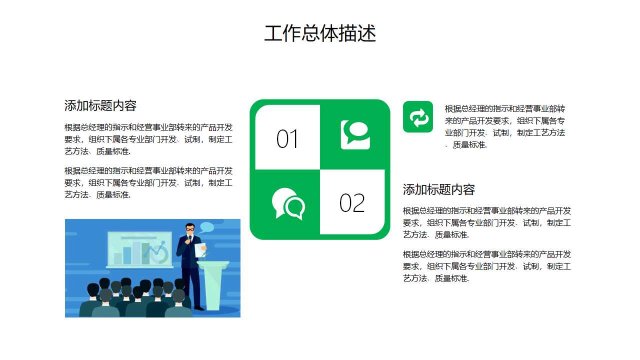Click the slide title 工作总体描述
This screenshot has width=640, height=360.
320,33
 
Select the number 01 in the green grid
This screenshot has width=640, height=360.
287,139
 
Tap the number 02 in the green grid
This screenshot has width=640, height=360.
352,203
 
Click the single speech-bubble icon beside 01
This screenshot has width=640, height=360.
355,134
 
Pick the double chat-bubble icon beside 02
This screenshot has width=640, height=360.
288,203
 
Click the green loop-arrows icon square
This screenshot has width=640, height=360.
418,117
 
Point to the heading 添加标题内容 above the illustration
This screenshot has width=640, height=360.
100,105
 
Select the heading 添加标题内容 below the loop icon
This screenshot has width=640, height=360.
439,189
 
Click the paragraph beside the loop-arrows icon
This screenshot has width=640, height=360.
505,126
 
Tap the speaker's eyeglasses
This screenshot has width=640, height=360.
190,229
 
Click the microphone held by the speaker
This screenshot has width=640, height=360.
189,237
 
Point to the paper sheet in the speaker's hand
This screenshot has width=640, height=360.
200,250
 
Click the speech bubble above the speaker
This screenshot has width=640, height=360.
206,227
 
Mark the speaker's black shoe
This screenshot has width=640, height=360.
199,308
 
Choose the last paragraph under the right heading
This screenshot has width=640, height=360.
487,266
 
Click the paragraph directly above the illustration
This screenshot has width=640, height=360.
148,182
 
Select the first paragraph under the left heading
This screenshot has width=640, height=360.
148,139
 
